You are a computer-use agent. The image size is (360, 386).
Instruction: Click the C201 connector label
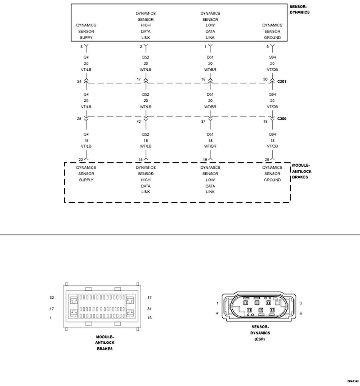coord(282,81)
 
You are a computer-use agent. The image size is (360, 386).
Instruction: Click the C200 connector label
coord(282,119)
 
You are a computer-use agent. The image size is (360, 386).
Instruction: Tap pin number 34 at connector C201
coord(79,81)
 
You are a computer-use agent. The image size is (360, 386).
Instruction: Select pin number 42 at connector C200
coord(139,121)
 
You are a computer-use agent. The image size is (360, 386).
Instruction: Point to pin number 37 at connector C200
coord(203,121)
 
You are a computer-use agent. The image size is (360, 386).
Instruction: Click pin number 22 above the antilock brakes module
coord(81,160)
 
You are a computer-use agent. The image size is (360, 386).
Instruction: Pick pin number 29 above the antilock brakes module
coord(267,160)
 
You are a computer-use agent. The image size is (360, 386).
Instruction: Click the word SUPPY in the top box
coord(86,38)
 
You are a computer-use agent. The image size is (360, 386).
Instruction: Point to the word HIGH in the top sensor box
coord(146,25)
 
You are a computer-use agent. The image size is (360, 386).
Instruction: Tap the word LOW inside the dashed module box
coord(210,180)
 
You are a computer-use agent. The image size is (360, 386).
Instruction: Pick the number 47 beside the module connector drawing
coord(150,298)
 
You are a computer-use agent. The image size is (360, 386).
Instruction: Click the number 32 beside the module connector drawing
coord(52,298)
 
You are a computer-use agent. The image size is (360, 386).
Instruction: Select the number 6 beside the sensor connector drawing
coord(300,313)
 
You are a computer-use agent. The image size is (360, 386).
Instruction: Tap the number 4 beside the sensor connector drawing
coord(217,313)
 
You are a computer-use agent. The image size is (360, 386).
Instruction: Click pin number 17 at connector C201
coord(139,79)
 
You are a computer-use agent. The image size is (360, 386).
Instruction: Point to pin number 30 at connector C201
coord(265,79)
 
